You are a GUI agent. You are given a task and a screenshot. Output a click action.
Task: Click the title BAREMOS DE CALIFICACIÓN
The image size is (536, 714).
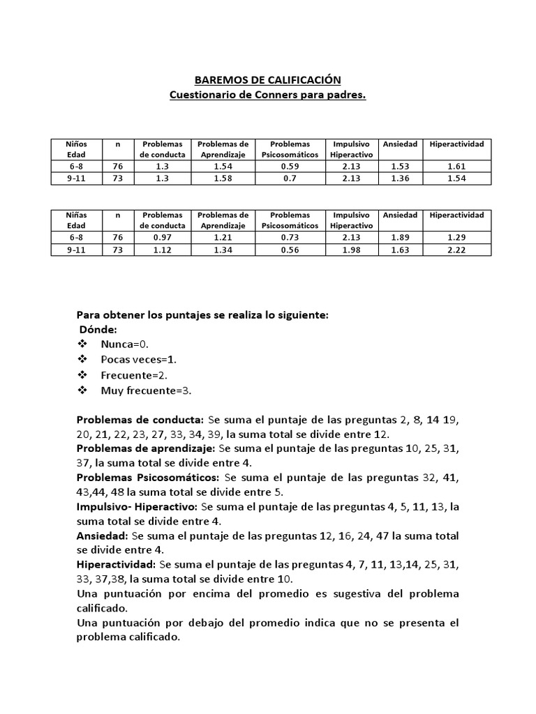[268, 80]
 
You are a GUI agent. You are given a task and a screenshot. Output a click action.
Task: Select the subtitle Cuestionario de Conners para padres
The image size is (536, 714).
[268, 95]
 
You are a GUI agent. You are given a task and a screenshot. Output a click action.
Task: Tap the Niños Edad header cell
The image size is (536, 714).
[76, 149]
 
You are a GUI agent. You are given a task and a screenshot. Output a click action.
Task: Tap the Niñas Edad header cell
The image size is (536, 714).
[76, 220]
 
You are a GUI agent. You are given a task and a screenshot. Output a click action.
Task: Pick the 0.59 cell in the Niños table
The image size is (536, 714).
[290, 167]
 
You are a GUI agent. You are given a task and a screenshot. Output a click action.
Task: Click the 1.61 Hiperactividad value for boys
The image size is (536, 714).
[456, 167]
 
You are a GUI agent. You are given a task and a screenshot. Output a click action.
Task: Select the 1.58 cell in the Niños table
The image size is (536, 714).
[223, 178]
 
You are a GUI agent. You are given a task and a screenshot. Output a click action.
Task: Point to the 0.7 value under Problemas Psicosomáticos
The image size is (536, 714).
[290, 178]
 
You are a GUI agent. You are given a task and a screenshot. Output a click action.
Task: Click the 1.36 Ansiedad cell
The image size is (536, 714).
[400, 178]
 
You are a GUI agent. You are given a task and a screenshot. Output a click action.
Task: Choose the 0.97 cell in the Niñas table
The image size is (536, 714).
[163, 238]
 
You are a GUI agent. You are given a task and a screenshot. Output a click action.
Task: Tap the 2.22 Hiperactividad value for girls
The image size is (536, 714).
[456, 250]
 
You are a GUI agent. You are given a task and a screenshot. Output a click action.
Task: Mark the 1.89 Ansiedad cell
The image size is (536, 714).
[400, 238]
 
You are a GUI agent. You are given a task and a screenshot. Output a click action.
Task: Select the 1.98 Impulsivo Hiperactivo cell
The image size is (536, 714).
[352, 250]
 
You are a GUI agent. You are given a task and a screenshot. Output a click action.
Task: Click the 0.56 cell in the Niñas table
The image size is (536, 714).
[290, 250]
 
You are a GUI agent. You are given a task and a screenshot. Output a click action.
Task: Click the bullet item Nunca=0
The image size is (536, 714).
[124, 344]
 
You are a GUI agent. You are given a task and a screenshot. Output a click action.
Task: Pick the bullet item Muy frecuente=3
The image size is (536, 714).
[145, 390]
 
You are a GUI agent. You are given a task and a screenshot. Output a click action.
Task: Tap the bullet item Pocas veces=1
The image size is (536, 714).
[138, 360]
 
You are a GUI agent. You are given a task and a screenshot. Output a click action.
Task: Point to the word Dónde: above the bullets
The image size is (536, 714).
[98, 329]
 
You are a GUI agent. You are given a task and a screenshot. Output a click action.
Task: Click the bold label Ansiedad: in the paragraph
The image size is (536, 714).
[102, 536]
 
